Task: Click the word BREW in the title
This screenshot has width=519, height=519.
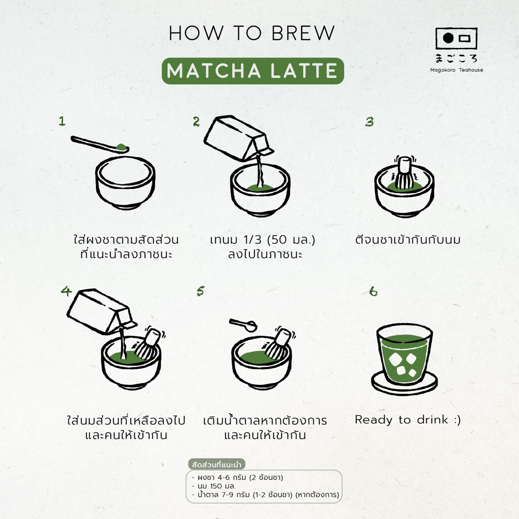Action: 303,33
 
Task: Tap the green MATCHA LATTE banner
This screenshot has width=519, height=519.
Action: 253,71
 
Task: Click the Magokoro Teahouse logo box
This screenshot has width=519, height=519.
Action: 456,39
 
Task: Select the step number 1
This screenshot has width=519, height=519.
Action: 62,121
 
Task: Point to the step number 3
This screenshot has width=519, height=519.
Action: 369,122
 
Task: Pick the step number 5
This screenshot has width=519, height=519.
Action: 200,291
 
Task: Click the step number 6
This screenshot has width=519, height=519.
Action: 373,291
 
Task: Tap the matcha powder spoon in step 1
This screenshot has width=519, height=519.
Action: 100,144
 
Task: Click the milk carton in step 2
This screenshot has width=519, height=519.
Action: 238,137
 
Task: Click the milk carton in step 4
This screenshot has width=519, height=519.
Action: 101,311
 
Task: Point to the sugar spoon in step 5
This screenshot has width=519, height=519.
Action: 243,325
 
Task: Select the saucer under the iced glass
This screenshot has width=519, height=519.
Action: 404,384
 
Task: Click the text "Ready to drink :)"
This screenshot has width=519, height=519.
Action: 408,420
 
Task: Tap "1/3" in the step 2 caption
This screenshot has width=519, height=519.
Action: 252,239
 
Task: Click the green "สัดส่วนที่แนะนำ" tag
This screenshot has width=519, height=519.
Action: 216,464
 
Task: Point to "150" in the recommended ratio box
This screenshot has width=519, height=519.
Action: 215,486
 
